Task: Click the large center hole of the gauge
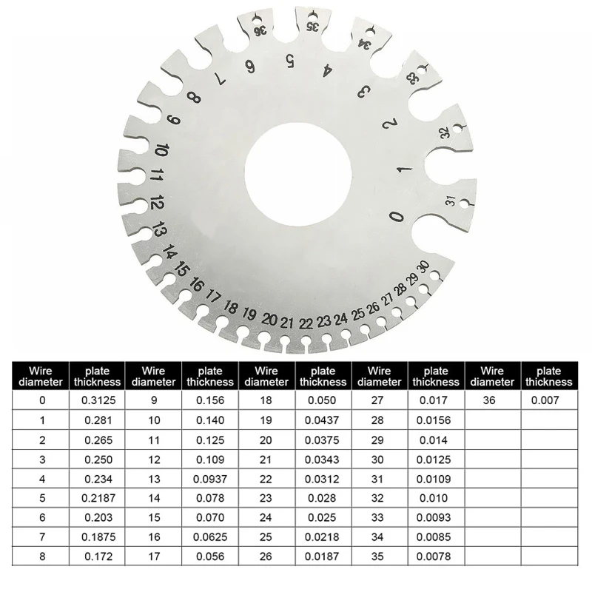tap(298, 174)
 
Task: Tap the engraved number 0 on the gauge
tap(397, 217)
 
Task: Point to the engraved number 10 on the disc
tap(161, 150)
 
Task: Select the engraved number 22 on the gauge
tap(306, 323)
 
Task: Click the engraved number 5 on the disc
tap(290, 61)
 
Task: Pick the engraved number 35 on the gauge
tap(312, 27)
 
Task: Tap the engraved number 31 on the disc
tap(451, 201)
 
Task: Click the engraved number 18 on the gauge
tap(230, 307)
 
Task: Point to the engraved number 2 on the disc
tap(390, 124)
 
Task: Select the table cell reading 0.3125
tap(97, 400)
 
